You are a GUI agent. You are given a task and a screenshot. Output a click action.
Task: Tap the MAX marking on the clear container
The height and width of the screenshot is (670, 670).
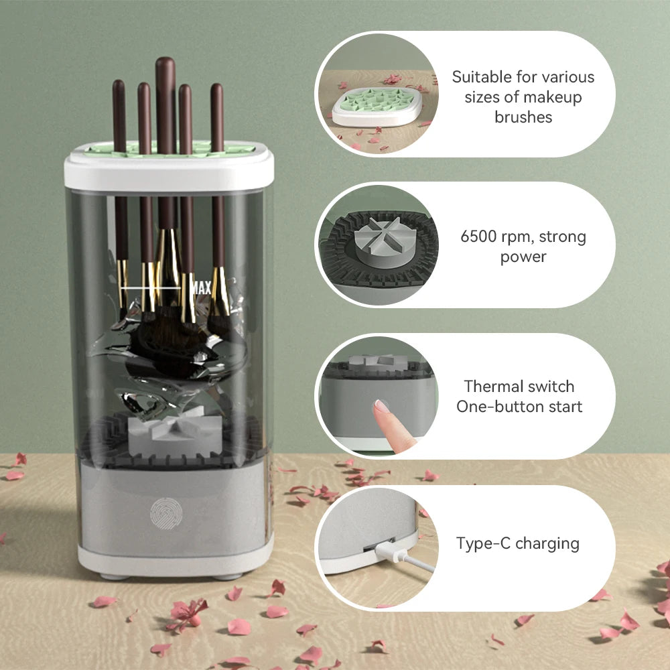click(202, 288)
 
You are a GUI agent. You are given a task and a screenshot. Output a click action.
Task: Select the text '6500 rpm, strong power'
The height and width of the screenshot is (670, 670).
click(523, 246)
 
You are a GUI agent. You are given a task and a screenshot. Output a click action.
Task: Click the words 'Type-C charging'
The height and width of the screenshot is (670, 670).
click(517, 543)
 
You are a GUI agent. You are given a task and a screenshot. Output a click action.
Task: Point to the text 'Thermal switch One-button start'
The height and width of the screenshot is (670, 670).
click(519, 396)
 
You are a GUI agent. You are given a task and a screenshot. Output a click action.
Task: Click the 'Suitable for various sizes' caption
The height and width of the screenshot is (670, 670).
click(523, 96)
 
